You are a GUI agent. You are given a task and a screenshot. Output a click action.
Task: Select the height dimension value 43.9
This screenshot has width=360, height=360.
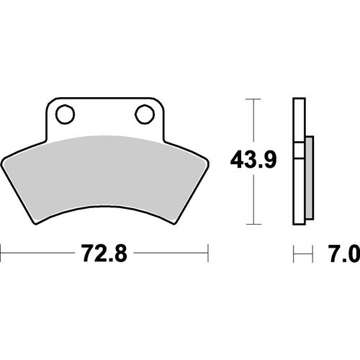tap(252, 159)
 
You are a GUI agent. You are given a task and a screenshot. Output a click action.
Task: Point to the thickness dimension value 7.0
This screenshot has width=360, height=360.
tap(343, 253)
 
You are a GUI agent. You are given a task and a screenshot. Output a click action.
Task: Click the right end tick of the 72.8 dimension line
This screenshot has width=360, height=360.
tap(207, 253)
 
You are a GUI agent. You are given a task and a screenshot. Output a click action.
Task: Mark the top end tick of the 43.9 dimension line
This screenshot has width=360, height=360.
tap(252, 97)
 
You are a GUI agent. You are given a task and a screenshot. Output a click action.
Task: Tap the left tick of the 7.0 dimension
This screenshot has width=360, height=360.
tap(294, 253)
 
